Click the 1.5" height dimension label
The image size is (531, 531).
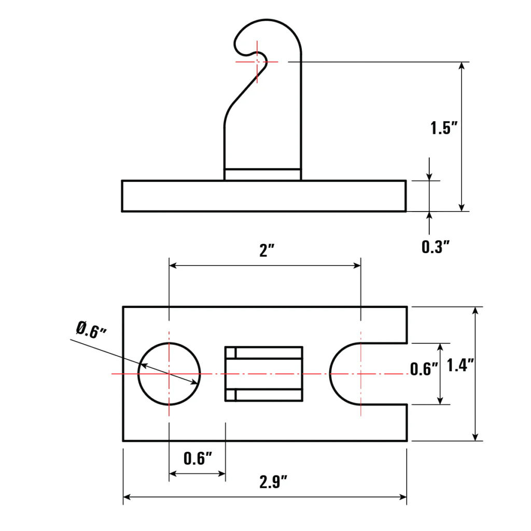click(443, 128)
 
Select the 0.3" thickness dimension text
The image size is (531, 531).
click(435, 247)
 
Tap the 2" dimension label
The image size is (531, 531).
click(267, 251)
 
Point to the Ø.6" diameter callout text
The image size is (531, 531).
click(91, 330)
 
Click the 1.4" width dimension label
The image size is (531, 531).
click(461, 366)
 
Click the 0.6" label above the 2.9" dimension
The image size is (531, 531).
click(199, 458)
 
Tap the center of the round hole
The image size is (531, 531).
click(169, 373)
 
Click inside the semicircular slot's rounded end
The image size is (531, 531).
click(345, 373)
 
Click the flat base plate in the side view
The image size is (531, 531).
click(263, 196)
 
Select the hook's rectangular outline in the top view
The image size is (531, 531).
click(263, 373)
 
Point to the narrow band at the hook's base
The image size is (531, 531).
click(262, 175)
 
